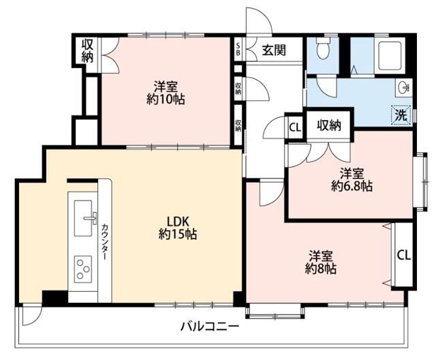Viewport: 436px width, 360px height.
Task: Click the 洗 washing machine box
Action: [x=401, y=115]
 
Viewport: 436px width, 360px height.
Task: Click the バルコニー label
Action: [x=209, y=327]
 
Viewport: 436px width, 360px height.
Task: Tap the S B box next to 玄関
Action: [x=238, y=49]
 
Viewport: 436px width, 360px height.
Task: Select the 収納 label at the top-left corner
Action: [x=87, y=50]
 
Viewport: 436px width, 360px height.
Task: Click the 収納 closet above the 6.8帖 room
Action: [x=329, y=126]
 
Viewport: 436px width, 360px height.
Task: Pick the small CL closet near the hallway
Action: [x=294, y=127]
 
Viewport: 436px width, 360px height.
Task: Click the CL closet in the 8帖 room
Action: [x=403, y=255]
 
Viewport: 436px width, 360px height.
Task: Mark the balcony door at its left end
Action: [x=30, y=315]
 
